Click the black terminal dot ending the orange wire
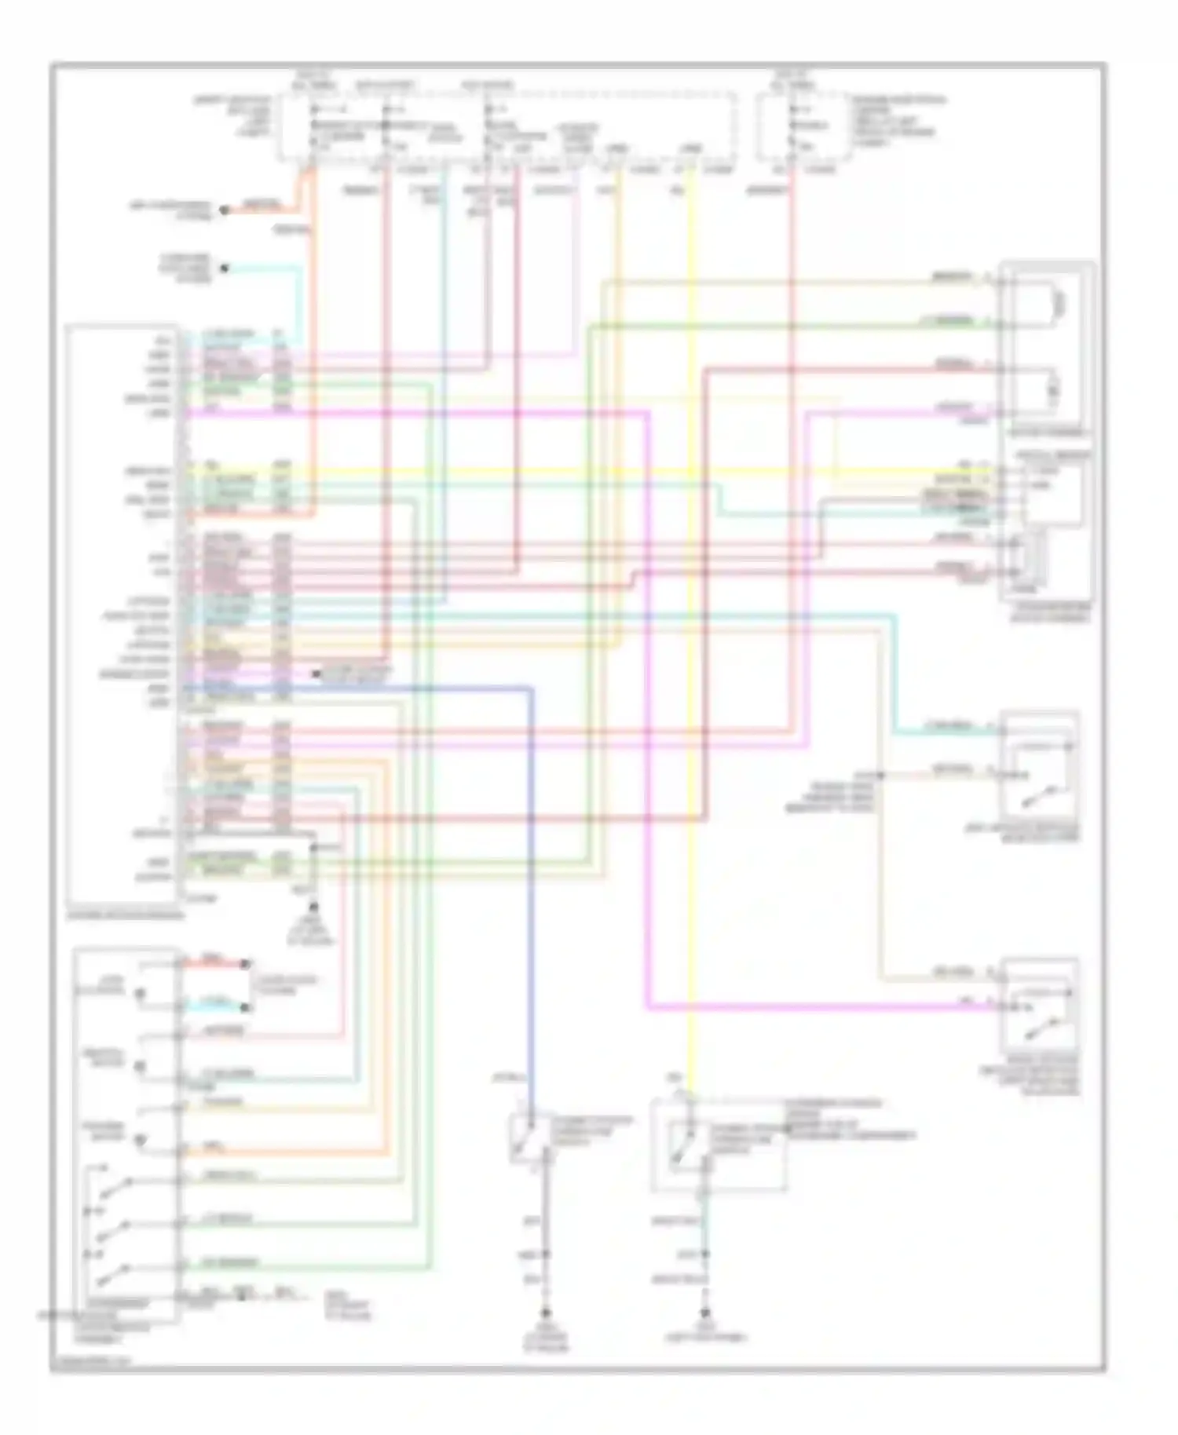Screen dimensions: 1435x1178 pos(224,210)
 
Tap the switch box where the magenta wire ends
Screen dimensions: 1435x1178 pos(1039,1006)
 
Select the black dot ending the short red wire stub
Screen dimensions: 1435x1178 pos(245,964)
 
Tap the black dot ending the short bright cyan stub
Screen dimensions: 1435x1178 pos(245,1007)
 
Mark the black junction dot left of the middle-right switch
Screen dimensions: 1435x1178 pos(880,776)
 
